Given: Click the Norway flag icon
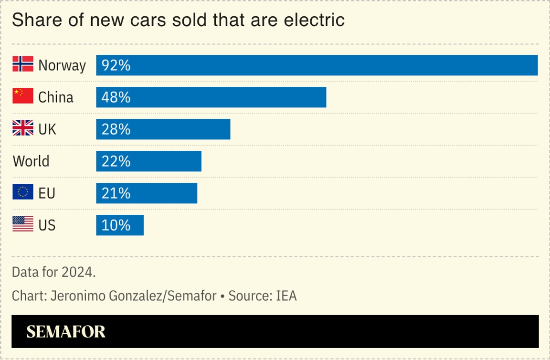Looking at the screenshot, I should coord(22,64).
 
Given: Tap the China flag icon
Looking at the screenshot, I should coord(22,97).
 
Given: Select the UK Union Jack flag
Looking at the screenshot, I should coord(22,129).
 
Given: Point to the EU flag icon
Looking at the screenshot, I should coord(22,193).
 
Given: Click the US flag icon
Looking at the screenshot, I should coord(22,224).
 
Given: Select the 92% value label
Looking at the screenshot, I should coord(116,65).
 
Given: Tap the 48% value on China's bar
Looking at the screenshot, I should coord(116,97).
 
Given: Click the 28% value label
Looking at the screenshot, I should coord(116,129).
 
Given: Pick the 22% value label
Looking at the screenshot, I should coord(116,161).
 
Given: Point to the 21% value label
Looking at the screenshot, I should coord(116,193).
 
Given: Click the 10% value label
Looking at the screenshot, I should coord(116,225).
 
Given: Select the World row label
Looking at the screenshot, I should coord(31,161).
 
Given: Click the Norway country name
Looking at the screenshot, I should coord(62,65).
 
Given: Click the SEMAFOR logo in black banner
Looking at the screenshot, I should coord(66,332).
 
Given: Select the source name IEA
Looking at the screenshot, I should coord(286,296).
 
